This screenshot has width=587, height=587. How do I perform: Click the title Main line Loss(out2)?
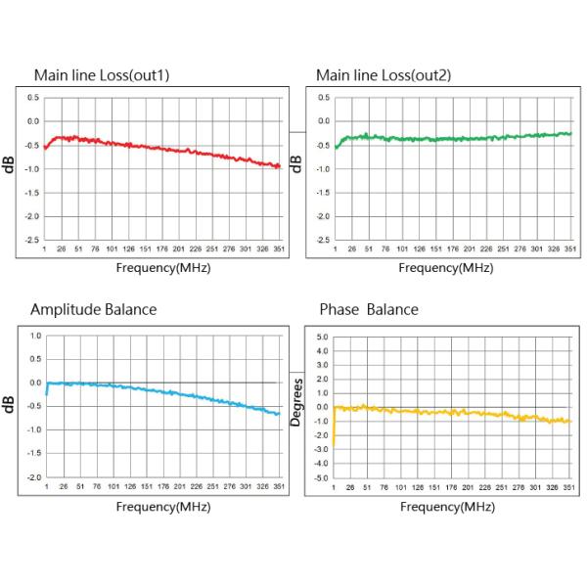click(x=383, y=74)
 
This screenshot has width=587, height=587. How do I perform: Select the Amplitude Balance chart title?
click(x=93, y=310)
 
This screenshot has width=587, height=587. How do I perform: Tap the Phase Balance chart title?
click(x=369, y=310)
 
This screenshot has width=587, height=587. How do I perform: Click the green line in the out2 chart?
click(x=450, y=137)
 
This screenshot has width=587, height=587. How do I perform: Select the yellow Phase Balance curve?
click(x=450, y=414)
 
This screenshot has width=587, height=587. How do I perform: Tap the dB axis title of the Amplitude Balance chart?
click(x=10, y=404)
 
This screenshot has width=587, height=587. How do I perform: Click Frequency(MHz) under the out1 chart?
click(x=162, y=267)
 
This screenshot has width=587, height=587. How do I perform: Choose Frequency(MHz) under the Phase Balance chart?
click(x=447, y=507)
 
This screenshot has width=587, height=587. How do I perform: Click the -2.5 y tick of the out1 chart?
click(x=32, y=240)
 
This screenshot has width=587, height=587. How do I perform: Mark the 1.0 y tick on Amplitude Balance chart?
click(x=34, y=336)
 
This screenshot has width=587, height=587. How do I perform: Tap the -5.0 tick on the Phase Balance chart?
click(x=319, y=477)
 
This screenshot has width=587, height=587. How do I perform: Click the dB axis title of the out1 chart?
click(x=10, y=166)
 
